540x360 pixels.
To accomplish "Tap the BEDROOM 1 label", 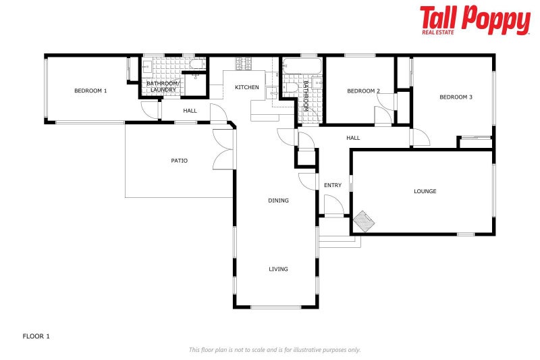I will point(90,91).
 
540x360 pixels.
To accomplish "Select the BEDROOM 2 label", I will point(363,91).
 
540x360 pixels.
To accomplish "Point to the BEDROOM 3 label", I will point(456,97).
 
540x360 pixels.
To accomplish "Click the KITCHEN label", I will point(246,88).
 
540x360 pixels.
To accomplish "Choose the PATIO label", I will point(179,161).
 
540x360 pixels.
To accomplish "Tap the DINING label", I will point(278,201).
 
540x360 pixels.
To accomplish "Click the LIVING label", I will point(278,269).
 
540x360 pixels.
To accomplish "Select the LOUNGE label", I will point(425,191).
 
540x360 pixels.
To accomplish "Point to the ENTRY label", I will point(332,185).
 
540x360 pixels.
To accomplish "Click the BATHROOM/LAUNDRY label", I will point(162,86).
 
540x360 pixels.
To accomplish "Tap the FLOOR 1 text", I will point(36,336).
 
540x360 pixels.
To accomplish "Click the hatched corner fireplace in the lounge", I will point(364,220).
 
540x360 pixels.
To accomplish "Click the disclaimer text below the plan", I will point(274,350).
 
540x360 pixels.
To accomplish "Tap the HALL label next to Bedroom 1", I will point(190,110).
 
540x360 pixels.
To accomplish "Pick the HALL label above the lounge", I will point(353,138).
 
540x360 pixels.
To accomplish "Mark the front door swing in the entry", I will point(333,205).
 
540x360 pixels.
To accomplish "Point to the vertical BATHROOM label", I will point(305,96).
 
